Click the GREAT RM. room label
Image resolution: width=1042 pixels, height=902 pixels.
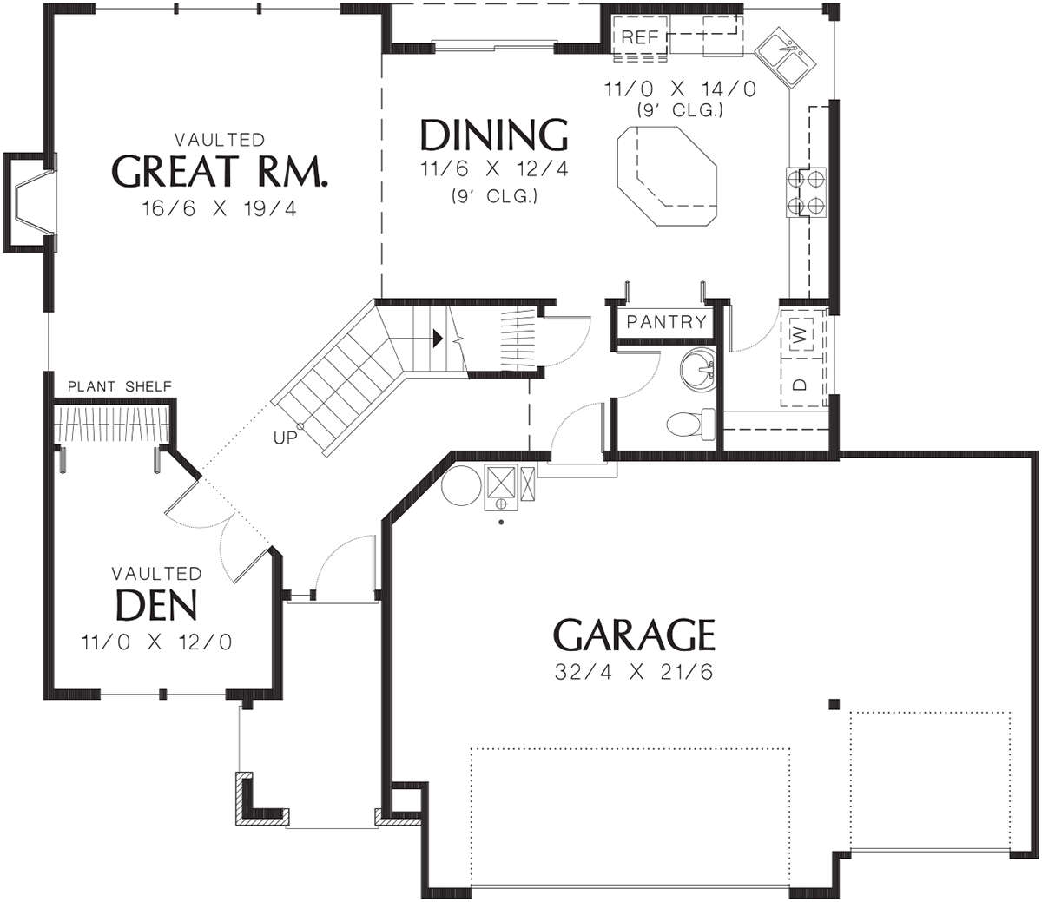pyautogui.click(x=220, y=171)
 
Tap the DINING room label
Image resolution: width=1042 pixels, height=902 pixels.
pyautogui.click(x=494, y=135)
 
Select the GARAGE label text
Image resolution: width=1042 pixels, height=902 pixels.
pyautogui.click(x=634, y=635)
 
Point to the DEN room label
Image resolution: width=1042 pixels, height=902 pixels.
pyautogui.click(x=156, y=605)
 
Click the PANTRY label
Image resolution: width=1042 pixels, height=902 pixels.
pyautogui.click(x=666, y=321)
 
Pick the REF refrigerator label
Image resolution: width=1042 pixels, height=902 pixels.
pyautogui.click(x=640, y=36)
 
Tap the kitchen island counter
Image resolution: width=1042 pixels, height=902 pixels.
pyautogui.click(x=667, y=175)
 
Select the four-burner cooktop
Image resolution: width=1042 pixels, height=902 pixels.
pyautogui.click(x=806, y=192)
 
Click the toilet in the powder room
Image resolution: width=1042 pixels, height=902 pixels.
pyautogui.click(x=690, y=424)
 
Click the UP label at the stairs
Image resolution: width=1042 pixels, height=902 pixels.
pyautogui.click(x=285, y=438)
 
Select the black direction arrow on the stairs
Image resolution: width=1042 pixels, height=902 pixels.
pyautogui.click(x=437, y=338)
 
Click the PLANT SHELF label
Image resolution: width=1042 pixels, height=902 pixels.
pyautogui.click(x=120, y=386)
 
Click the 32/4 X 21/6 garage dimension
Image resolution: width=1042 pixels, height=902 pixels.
pyautogui.click(x=634, y=672)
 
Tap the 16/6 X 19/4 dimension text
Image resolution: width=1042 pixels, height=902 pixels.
pyautogui.click(x=220, y=208)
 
